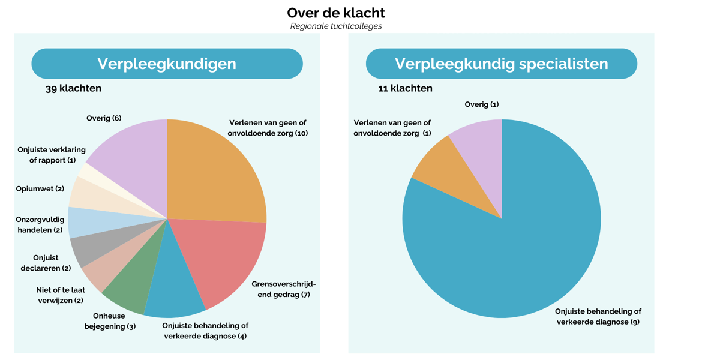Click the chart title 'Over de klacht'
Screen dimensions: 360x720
(336, 13)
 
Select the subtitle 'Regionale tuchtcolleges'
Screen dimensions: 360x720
(336, 26)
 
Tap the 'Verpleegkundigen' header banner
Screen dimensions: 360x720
(167, 64)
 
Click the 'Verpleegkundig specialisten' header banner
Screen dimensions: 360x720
(501, 64)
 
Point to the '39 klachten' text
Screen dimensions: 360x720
(73, 88)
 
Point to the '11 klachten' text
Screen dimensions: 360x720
(405, 88)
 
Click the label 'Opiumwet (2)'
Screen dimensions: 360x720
(40, 189)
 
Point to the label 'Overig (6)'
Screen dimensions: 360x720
(104, 118)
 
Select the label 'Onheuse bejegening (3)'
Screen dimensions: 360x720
(110, 321)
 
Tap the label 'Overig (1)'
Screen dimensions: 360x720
(482, 104)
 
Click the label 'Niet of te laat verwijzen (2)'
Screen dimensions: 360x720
(60, 295)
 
